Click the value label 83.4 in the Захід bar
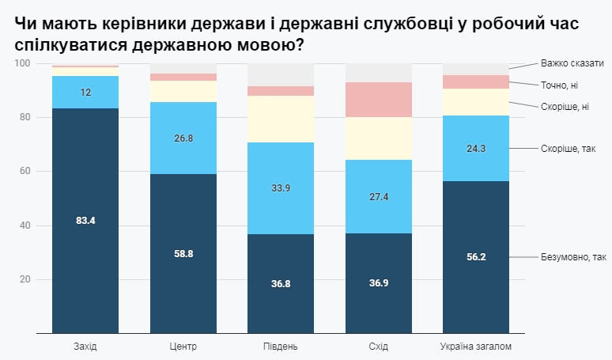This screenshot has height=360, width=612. [x=85, y=221]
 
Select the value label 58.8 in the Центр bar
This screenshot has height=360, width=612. [x=183, y=253]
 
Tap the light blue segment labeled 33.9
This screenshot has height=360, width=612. [x=281, y=188]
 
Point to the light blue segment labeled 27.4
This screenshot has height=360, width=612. [x=379, y=196]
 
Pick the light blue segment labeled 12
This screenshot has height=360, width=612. [x=85, y=92]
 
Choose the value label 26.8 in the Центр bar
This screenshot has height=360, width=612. [x=183, y=138]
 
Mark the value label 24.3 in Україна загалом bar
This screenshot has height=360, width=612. [x=476, y=148]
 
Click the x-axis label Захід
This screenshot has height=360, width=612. [x=85, y=347]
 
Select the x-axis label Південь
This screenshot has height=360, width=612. [x=281, y=347]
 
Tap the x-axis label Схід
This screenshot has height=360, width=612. [x=379, y=347]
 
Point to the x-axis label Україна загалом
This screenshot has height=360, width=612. [x=476, y=347]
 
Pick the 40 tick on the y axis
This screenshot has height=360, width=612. [x=25, y=225]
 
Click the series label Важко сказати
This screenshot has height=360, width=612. [x=572, y=63]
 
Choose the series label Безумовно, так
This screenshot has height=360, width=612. [x=572, y=257]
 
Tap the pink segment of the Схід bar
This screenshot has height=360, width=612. [x=379, y=100]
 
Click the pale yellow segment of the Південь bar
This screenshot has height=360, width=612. [x=281, y=119]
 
